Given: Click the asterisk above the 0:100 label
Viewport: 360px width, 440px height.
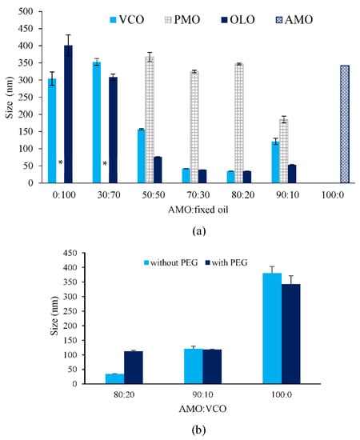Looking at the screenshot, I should (60, 164).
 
